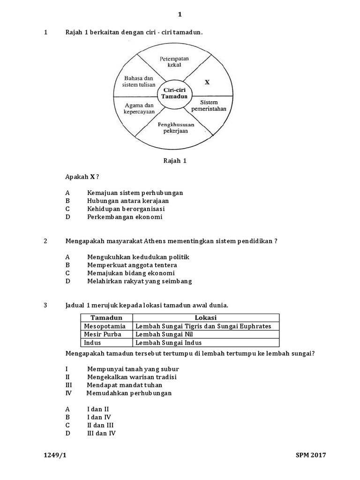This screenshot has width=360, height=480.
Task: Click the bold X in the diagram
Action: click(207, 82)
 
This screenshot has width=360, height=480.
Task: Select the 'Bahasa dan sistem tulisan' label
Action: click(135, 82)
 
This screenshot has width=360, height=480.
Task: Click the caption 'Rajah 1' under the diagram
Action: click(175, 161)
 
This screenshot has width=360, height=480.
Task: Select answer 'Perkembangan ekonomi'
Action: click(125, 217)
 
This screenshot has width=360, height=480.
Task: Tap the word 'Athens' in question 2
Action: click(149, 241)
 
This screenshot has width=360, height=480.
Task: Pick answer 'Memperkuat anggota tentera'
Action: click(132, 265)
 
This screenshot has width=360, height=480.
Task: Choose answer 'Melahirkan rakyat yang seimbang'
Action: click(139, 281)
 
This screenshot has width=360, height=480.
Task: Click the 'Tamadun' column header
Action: click(106, 318)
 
